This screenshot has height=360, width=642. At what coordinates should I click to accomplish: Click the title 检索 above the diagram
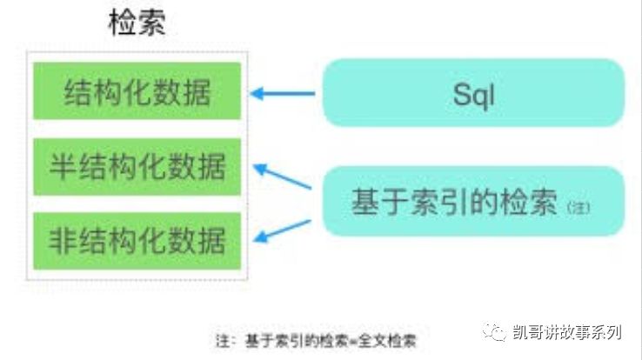(137, 23)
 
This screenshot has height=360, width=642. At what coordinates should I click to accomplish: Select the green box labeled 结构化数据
(137, 91)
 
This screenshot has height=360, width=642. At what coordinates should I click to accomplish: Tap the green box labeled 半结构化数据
(137, 165)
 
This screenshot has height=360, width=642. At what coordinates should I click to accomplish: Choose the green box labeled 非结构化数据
(137, 238)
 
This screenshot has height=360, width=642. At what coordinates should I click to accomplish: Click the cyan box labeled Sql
(473, 93)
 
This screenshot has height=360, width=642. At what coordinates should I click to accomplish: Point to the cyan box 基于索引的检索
(473, 202)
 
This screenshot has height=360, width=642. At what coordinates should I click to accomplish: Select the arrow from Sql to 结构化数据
(282, 92)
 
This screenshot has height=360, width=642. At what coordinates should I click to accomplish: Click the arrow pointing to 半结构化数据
(282, 175)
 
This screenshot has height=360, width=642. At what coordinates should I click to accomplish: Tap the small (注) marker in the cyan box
(578, 208)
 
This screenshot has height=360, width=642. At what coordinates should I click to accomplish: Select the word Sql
(473, 94)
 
